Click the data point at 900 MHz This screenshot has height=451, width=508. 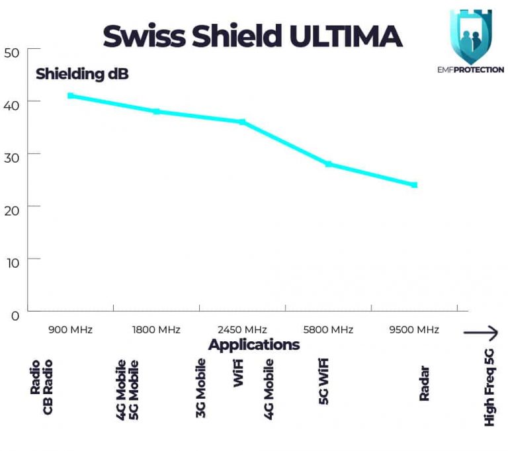point(71,96)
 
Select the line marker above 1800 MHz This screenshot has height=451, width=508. point(157,111)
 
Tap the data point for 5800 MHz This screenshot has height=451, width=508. point(328,163)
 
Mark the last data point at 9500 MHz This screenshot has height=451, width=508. point(414,184)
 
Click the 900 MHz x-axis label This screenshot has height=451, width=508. point(70,329)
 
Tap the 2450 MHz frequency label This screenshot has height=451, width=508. point(242,329)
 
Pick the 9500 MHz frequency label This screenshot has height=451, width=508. point(414,329)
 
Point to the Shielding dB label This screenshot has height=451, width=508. point(82,74)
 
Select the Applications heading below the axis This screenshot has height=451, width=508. point(254,345)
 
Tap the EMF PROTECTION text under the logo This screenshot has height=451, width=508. point(470,69)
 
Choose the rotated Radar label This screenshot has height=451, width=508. point(425,384)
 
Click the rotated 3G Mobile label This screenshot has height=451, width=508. point(200,388)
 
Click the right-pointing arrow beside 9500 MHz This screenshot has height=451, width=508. point(481,333)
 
